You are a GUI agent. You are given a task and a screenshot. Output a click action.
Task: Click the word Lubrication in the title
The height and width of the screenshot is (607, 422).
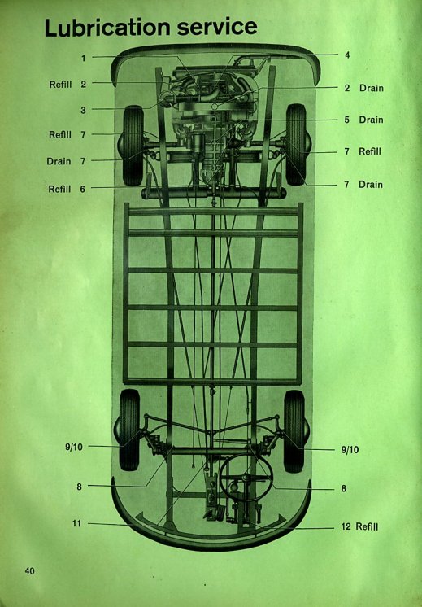tap(107, 28)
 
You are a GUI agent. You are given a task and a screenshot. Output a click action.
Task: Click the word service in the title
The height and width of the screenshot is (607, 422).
tap(217, 27)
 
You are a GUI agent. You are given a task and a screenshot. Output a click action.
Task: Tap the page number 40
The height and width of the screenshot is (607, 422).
tap(29, 570)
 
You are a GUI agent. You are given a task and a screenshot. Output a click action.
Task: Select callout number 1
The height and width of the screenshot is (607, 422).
tap(83, 58)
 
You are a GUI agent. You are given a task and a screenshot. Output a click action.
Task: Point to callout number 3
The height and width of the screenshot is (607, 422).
tap(83, 111)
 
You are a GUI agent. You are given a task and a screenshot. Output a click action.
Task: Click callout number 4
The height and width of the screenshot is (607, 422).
tap(347, 55)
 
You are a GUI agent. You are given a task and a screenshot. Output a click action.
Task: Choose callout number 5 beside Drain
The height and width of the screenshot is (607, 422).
tap(346, 120)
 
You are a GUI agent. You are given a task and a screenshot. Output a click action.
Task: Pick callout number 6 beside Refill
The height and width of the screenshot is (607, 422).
tap(82, 189)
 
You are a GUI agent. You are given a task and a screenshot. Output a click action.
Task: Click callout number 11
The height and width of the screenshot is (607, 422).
tap(76, 523)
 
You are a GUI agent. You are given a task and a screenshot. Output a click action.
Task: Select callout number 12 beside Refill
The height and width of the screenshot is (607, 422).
tap(346, 526)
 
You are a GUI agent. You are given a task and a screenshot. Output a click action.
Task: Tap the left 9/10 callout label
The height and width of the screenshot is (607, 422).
tap(74, 448)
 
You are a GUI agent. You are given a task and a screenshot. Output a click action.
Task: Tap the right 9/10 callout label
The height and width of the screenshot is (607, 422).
tap(350, 449)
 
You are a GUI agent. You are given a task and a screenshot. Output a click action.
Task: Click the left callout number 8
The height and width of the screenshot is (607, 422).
tap(80, 487)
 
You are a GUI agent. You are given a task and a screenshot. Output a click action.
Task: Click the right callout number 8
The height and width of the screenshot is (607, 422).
tap(343, 488)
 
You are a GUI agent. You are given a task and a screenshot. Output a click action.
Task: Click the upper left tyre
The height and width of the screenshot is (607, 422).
tap(133, 146)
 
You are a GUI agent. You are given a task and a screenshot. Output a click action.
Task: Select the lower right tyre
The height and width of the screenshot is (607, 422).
tap(294, 431)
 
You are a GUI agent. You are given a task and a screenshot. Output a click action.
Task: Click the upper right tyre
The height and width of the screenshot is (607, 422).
tap(296, 144)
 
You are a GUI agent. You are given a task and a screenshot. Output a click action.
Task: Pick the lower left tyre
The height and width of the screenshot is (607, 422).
tap(129, 430)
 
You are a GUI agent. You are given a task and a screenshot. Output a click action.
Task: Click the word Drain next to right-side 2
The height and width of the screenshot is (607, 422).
tap(372, 88)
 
